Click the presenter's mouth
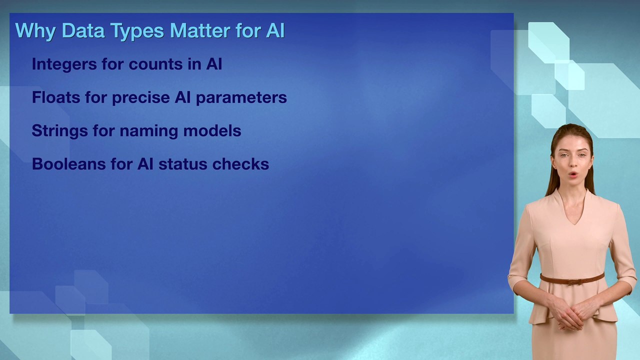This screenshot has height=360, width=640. (x=572, y=175)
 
